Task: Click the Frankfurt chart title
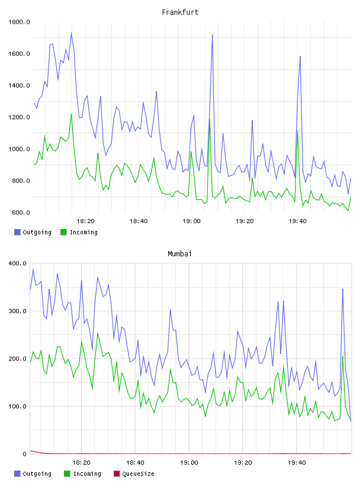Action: point(180,12)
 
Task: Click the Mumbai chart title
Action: point(179,254)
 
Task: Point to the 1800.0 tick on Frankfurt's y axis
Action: point(19,22)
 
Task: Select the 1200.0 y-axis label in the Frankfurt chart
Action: point(19,117)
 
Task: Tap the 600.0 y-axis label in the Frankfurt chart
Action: point(21,212)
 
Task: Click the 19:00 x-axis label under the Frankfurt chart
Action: point(191,221)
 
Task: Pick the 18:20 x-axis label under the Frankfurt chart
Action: point(85,221)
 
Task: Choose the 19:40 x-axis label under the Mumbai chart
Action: point(297,463)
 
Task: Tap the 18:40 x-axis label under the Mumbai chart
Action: point(136,463)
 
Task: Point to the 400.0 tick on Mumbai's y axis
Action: point(18,263)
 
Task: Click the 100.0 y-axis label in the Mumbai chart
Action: point(18,406)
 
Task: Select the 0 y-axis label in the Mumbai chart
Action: point(25,454)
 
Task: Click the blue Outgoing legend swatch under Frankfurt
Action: point(17,232)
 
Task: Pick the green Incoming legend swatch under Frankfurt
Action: point(63,232)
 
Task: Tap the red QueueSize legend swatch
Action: point(117,474)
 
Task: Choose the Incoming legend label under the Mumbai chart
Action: point(87,474)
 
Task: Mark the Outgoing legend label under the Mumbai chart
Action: point(37,474)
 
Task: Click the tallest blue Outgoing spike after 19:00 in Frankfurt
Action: point(212,35)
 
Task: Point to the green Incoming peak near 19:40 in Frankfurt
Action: point(297,131)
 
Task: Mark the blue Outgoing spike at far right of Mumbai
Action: point(342,289)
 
